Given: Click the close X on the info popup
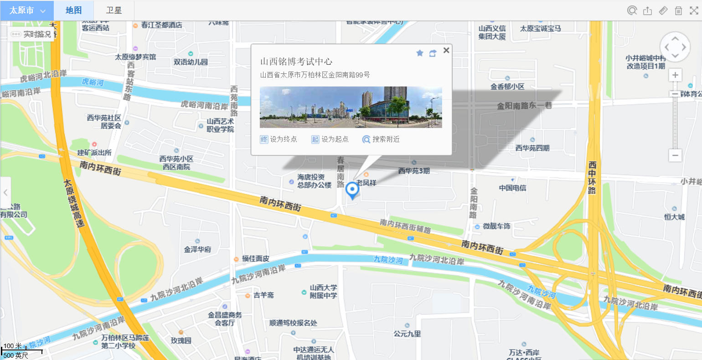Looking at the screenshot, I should [x=446, y=51].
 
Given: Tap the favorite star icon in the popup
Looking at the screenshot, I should [x=420, y=53].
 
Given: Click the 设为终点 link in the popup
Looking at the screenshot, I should [x=279, y=139].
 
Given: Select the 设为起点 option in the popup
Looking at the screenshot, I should [x=330, y=139].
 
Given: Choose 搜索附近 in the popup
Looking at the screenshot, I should [x=381, y=139].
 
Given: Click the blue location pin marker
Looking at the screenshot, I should [x=352, y=189].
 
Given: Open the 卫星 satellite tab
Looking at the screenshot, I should [x=114, y=10].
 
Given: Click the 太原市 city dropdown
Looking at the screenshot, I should [x=27, y=10].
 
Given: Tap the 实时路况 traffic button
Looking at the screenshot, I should [x=31, y=34].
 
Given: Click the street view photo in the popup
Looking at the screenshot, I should [x=351, y=107].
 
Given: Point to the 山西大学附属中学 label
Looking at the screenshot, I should [x=323, y=292].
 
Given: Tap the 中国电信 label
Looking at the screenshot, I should [x=512, y=188].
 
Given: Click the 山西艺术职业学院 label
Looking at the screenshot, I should [x=220, y=125].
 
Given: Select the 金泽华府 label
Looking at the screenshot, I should [x=197, y=249].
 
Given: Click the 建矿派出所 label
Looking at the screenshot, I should [x=94, y=152].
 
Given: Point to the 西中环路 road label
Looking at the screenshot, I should [x=592, y=178].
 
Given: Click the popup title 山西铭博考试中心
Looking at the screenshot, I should [x=296, y=62].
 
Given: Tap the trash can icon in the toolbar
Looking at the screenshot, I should [x=678, y=10].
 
